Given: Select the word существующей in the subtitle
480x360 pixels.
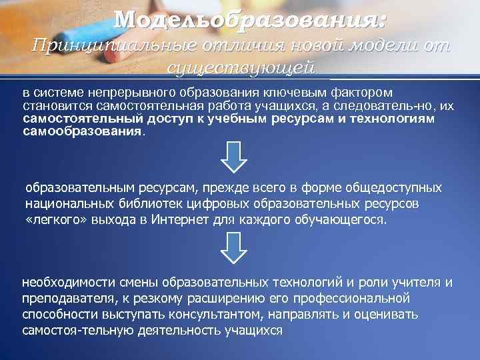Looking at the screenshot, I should pos(240,67).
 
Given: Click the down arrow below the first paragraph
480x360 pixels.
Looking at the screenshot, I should pos(234,157).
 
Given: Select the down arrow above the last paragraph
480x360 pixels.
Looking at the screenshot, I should pos(234,248).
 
